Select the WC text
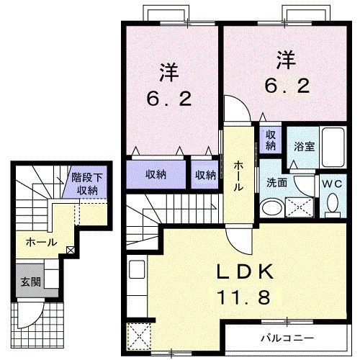pyautogui.click(x=332, y=184)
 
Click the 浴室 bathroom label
pyautogui.click(x=303, y=145)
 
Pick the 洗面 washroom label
pyautogui.click(x=277, y=183)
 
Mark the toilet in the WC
pyautogui.click(x=332, y=205)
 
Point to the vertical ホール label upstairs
pyautogui.click(x=238, y=175)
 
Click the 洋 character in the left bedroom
pyautogui.click(x=168, y=72)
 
